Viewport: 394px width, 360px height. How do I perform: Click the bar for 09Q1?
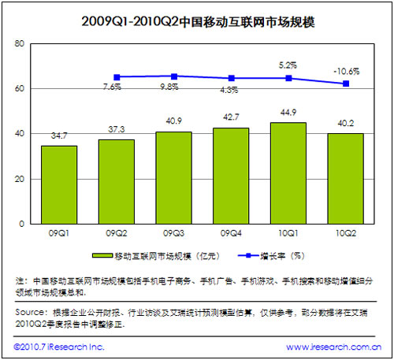pos(59,184)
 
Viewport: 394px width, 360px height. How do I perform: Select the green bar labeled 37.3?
pos(117,181)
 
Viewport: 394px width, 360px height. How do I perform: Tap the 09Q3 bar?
pos(173,177)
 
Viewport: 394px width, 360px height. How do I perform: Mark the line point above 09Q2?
pos(117,77)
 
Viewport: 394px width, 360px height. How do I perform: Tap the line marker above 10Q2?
pos(345,84)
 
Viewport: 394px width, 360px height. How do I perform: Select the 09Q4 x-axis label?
pos(231,234)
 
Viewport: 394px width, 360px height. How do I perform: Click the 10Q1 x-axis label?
pos(288,234)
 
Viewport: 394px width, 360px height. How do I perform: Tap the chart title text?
pos(196,21)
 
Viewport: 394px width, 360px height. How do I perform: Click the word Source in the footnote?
pos(29,312)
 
